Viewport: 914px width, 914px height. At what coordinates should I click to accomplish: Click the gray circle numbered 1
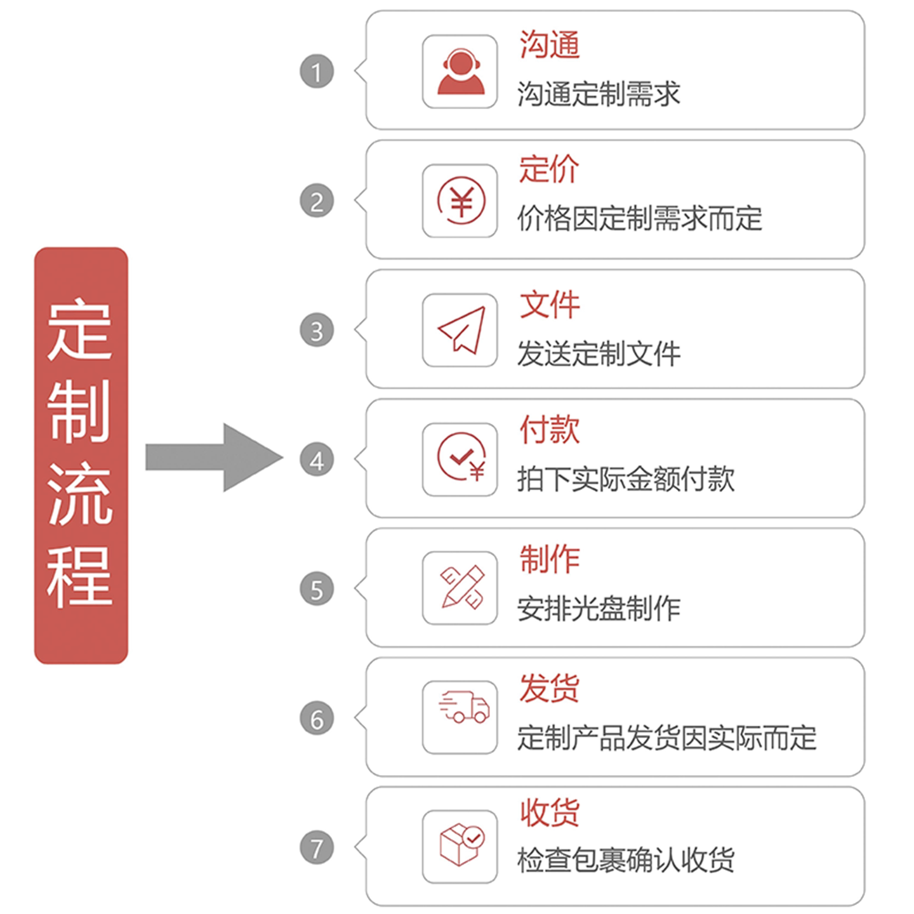point(317,71)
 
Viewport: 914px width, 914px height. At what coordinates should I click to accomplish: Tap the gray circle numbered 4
point(317,460)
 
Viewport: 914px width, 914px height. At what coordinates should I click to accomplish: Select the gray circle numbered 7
point(317,848)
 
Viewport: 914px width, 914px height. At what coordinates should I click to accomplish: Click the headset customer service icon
point(460,72)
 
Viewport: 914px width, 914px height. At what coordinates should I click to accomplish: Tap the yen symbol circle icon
point(460,201)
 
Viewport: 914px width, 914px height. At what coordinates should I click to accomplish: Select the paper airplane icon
point(460,330)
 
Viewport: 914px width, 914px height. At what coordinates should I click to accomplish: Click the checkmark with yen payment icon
point(460,459)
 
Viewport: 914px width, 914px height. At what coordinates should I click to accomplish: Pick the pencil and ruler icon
point(460,588)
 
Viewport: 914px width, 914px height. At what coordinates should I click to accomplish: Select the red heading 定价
point(549,169)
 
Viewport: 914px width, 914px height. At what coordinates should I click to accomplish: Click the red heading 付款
point(549,429)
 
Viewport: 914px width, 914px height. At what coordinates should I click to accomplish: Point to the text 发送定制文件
point(599,354)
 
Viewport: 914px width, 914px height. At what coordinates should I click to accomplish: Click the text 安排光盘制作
point(599,609)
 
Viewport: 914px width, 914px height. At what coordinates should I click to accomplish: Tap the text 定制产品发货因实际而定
point(666,738)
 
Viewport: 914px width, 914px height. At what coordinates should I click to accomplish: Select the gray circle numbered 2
point(317,201)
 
